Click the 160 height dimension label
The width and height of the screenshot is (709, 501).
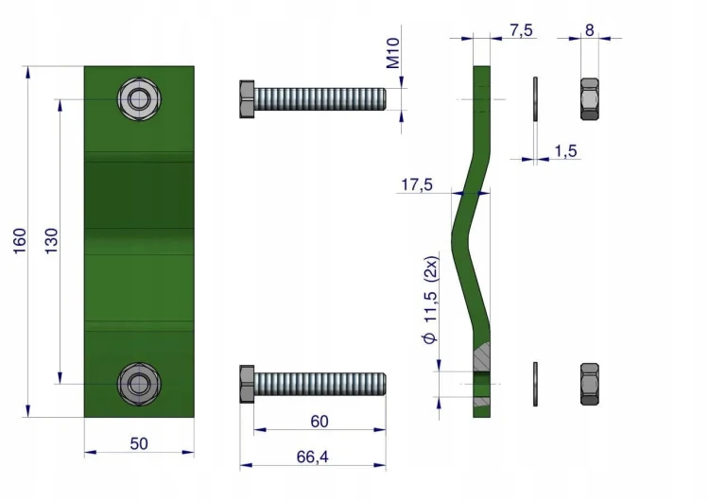[x=20, y=241]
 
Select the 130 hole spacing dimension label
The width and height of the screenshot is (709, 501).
[x=52, y=241]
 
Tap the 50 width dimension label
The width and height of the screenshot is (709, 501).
[x=139, y=443]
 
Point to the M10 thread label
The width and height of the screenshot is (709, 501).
[x=393, y=53]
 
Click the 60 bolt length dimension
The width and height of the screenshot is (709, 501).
[x=320, y=422]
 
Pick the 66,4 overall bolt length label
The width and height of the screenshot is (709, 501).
[x=313, y=458]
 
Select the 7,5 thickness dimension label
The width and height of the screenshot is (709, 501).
[x=521, y=30]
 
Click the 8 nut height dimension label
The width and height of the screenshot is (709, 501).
[x=589, y=30]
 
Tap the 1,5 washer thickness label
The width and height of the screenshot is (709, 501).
[x=566, y=151]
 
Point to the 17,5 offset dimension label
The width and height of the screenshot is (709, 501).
[x=417, y=185]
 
